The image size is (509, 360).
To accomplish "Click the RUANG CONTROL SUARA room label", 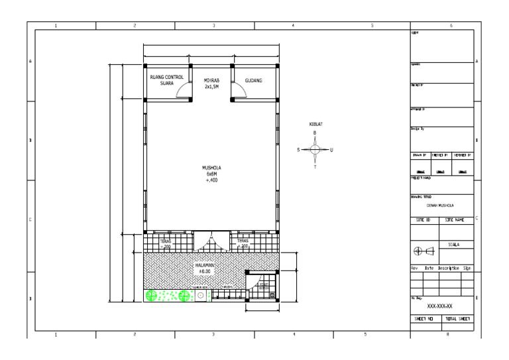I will [166, 80].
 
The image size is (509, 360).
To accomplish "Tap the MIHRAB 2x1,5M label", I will [212, 83].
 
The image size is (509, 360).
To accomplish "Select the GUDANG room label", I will [254, 80].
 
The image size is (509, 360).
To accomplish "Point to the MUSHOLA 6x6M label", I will [211, 174].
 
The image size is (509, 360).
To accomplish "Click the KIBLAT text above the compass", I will [315, 125].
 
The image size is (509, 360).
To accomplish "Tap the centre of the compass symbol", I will [315, 150].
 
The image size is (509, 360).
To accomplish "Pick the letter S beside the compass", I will [299, 150].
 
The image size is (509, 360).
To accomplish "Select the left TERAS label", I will [166, 243].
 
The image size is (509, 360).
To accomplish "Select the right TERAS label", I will [243, 243].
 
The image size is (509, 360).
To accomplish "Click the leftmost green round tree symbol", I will [152, 296].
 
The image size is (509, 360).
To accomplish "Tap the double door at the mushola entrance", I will [211, 240].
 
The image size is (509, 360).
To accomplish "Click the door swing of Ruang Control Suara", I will [182, 92].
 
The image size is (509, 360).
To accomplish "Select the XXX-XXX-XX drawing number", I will [440, 307].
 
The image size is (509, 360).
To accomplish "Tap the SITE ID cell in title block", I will [425, 218].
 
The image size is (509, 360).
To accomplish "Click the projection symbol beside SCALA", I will [424, 251].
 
